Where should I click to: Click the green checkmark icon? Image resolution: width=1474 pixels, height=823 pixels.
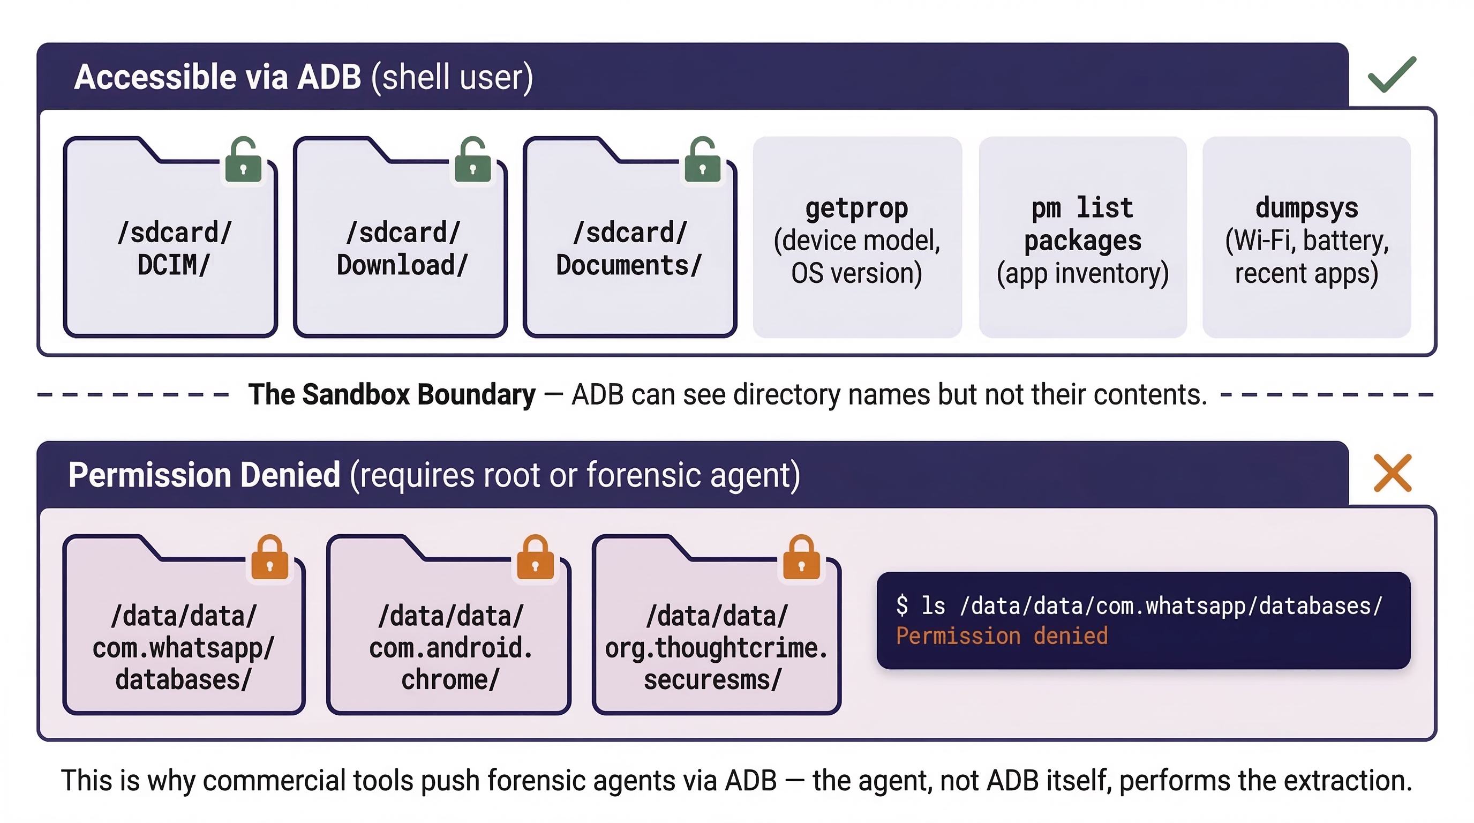tap(1392, 75)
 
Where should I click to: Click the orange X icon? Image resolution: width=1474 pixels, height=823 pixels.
tap(1392, 473)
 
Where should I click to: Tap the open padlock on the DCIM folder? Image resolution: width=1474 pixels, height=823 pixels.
tap(243, 161)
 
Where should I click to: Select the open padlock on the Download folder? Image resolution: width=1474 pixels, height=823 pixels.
tap(472, 161)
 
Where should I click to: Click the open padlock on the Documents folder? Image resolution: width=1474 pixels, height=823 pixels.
tap(702, 161)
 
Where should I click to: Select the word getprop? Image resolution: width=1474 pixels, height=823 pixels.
tap(856, 208)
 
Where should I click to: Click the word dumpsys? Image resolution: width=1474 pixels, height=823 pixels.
tap(1306, 208)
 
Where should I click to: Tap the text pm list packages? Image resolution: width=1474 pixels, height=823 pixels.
tap(1082, 224)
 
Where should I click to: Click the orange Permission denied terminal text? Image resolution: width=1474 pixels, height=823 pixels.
tap(1002, 636)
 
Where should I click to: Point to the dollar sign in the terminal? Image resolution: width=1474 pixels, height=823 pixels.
tap(903, 605)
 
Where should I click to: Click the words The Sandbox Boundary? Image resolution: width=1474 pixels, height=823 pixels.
tap(392, 394)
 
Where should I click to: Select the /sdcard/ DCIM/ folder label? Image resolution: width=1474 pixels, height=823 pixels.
tap(174, 249)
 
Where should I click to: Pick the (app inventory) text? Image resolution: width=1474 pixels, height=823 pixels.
tap(1082, 273)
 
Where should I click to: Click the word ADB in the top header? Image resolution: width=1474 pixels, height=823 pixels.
tap(329, 77)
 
